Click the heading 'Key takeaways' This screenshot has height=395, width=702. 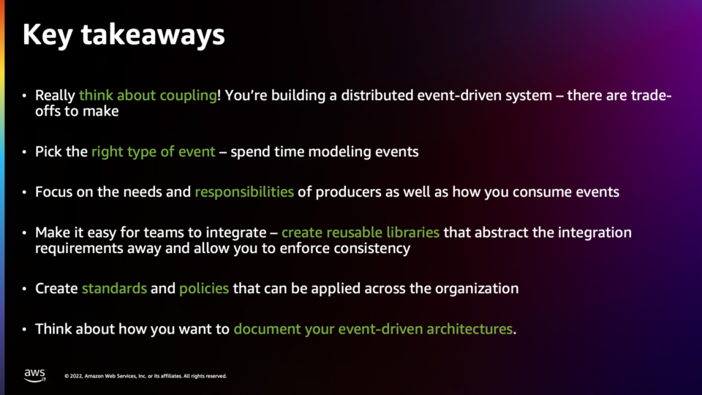click(124, 35)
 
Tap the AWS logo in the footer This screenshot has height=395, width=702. click(35, 375)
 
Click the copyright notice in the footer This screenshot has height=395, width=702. click(146, 376)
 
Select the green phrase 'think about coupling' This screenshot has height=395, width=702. click(148, 95)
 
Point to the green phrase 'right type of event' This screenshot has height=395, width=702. click(153, 152)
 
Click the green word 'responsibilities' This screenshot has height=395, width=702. click(244, 192)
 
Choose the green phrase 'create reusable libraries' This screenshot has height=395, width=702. click(361, 233)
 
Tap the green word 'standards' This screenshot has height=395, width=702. click(114, 288)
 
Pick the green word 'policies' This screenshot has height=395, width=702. click(204, 288)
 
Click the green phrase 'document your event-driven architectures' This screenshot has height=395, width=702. click(373, 329)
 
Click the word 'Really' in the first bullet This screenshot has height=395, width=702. click(55, 95)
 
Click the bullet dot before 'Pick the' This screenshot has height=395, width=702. click(25, 152)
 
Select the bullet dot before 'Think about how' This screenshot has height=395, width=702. click(25, 330)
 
